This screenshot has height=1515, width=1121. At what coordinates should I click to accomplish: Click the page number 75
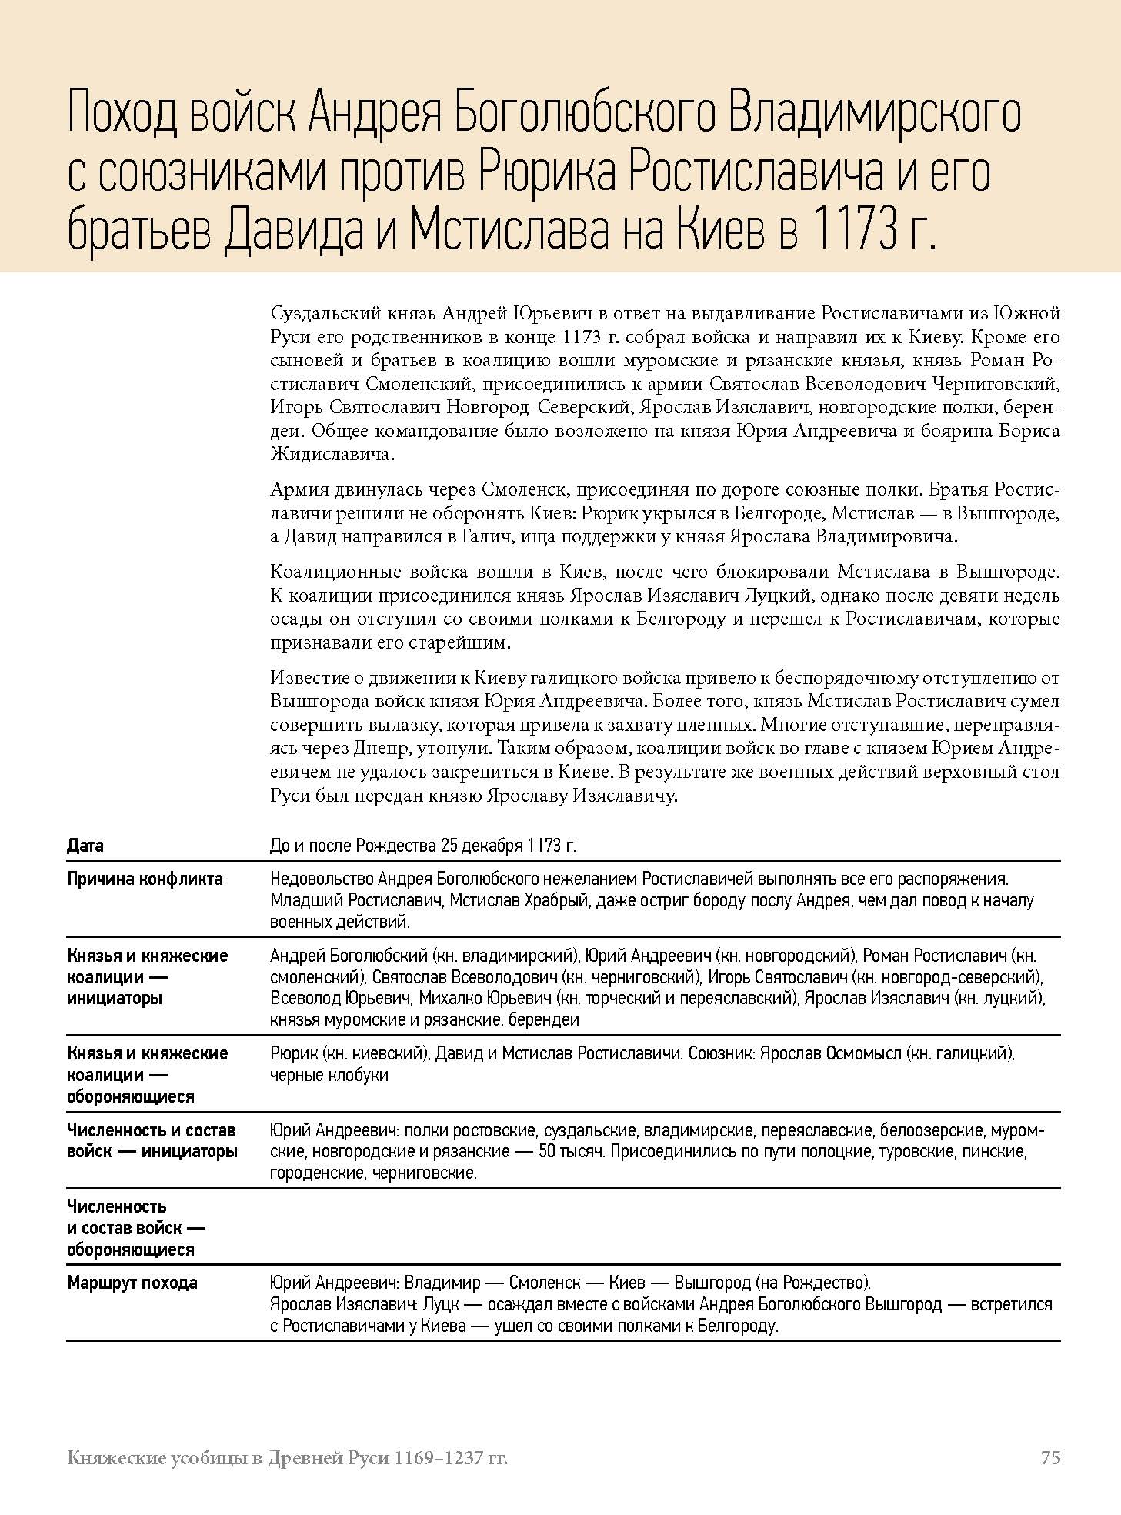point(1050,1457)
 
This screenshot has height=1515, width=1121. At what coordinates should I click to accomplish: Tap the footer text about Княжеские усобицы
point(287,1457)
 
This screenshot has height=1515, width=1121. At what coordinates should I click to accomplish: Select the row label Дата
point(85,846)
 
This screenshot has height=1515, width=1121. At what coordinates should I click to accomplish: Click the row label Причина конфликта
point(145,879)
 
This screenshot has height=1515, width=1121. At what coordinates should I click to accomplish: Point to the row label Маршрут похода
point(132,1283)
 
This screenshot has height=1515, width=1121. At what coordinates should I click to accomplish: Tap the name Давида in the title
point(292,229)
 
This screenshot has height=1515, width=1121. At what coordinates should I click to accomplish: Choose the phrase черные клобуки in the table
point(329,1075)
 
